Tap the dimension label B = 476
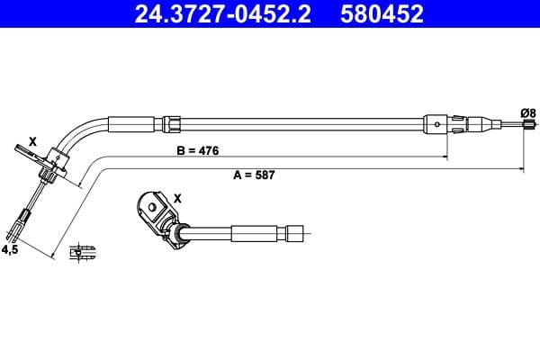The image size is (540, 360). click(x=197, y=149)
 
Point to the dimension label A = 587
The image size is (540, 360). click(x=254, y=175)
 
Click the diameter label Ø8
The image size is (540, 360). click(x=528, y=112)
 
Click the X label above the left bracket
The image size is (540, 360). click(x=32, y=140)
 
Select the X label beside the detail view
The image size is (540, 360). click(x=176, y=198)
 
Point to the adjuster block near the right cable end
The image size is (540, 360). click(x=436, y=123)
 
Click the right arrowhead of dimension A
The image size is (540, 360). click(x=523, y=167)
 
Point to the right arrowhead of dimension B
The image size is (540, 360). click(x=445, y=157)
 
